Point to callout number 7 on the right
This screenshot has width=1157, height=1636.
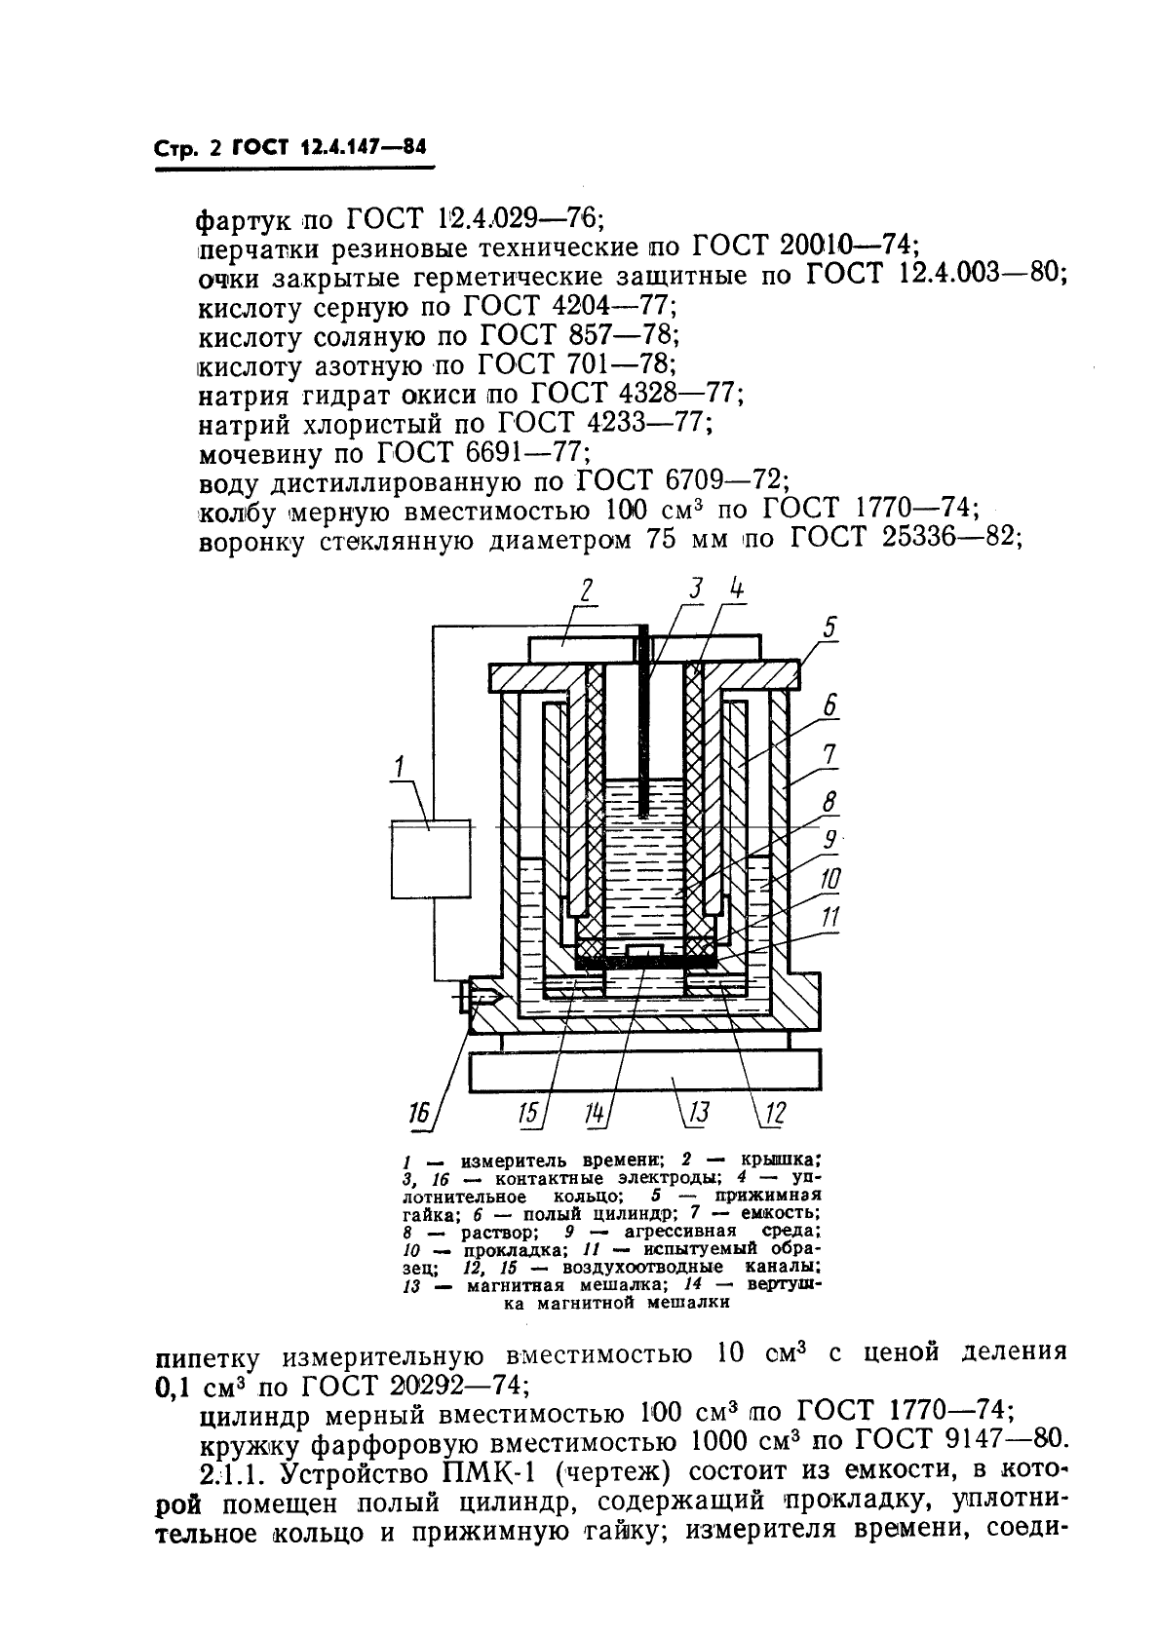click(829, 753)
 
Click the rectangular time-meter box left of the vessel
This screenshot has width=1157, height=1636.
click(430, 857)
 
